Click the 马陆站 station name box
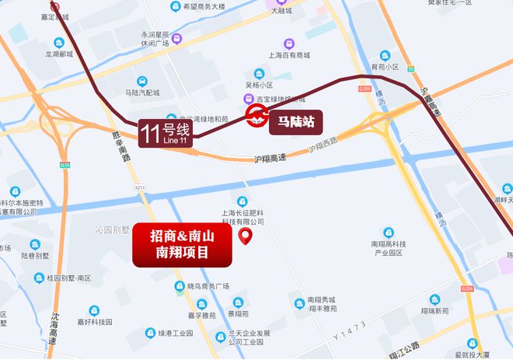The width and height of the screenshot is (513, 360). click(x=295, y=121)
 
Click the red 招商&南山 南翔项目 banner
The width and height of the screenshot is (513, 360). click(x=183, y=245)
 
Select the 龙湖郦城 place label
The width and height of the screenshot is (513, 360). click(x=59, y=55)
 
